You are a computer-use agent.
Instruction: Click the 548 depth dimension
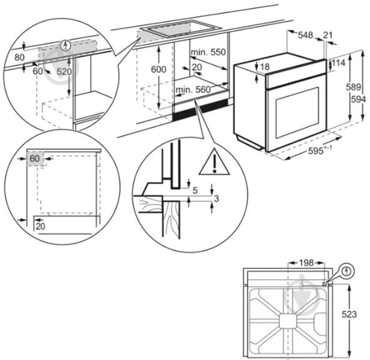click(306, 35)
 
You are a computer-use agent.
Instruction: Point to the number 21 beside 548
click(327, 35)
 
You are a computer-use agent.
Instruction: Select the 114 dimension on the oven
click(338, 63)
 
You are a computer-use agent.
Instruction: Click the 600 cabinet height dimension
click(158, 70)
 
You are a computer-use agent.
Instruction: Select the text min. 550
click(208, 52)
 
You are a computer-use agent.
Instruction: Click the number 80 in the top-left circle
click(19, 58)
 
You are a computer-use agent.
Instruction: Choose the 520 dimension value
click(64, 71)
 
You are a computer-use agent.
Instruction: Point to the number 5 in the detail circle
click(196, 190)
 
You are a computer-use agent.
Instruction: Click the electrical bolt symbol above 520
click(66, 44)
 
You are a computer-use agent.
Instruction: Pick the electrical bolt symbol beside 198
click(347, 271)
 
